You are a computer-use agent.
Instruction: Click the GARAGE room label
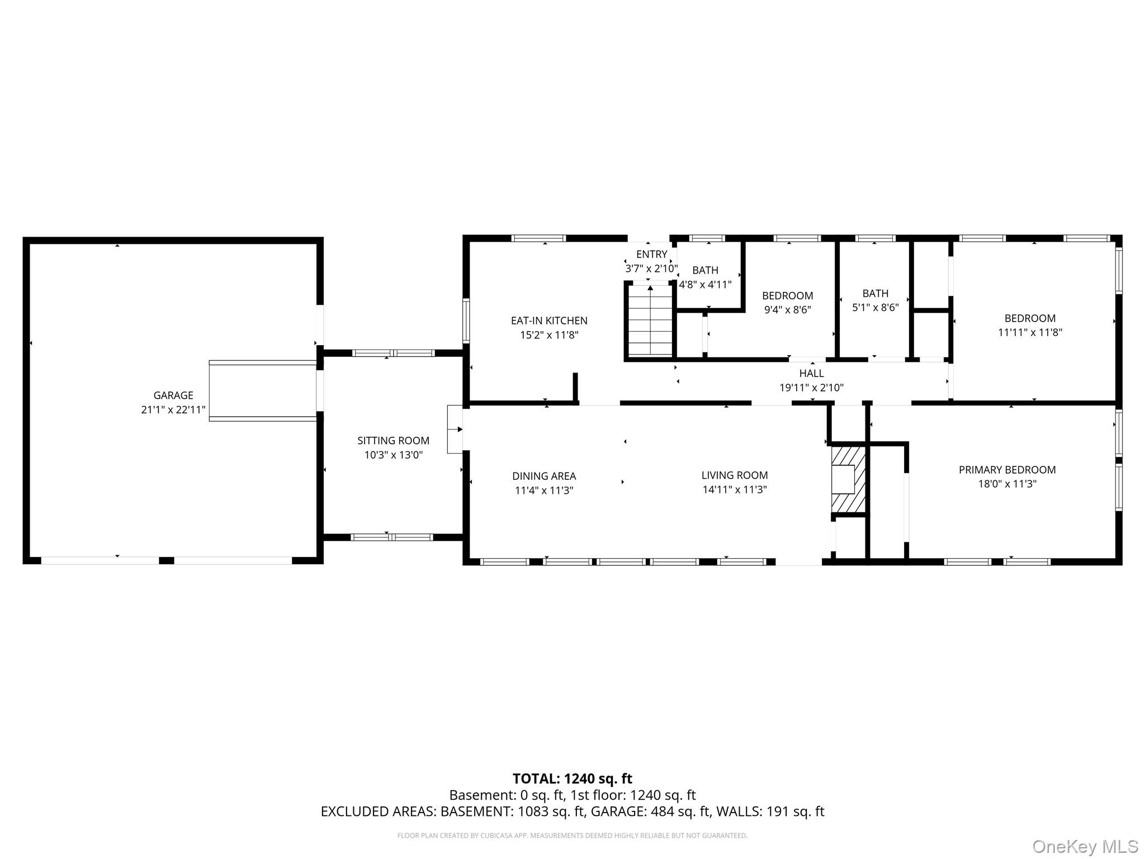(173, 395)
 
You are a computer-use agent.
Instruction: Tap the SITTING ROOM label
(393, 441)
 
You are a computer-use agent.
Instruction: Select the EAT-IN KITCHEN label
(549, 320)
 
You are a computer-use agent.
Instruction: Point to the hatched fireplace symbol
(848, 479)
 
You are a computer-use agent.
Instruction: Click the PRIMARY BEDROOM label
(1007, 470)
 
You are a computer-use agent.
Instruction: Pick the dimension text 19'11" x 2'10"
(811, 388)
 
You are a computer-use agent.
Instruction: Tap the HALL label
(811, 373)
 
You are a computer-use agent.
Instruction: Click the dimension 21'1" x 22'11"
(173, 410)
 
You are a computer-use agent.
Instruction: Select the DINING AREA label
(544, 476)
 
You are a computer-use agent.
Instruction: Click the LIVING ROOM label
(735, 475)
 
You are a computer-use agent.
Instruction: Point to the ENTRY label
(651, 254)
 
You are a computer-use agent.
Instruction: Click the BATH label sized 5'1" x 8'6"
(875, 293)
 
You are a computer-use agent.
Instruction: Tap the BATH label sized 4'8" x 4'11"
(705, 270)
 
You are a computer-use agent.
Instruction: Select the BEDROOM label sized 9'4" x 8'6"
(787, 295)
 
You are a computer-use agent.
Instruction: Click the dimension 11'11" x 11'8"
(1030, 332)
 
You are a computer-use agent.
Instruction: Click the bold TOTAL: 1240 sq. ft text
(572, 778)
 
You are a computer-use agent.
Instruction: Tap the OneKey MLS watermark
(1085, 846)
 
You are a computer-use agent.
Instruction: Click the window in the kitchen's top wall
(539, 238)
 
